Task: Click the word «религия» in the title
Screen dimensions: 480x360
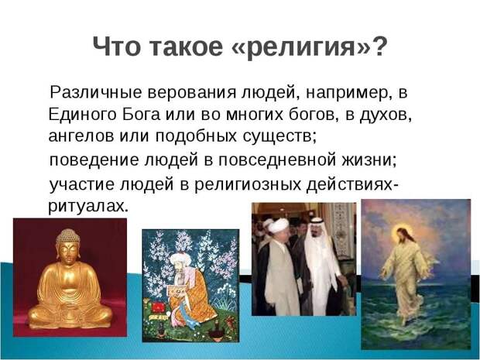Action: (x=300, y=47)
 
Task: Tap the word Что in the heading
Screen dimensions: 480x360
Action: (x=116, y=46)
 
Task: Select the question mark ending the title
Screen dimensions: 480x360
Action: (x=378, y=46)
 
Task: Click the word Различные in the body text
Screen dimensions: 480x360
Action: (x=96, y=92)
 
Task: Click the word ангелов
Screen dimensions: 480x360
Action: (x=81, y=136)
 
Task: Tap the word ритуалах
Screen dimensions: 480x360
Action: (x=87, y=207)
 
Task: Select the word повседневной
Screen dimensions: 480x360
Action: (x=277, y=160)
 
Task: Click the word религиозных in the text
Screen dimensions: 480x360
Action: (x=247, y=185)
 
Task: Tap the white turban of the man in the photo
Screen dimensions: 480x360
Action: (x=279, y=226)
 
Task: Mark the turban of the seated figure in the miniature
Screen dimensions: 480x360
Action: (x=180, y=259)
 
